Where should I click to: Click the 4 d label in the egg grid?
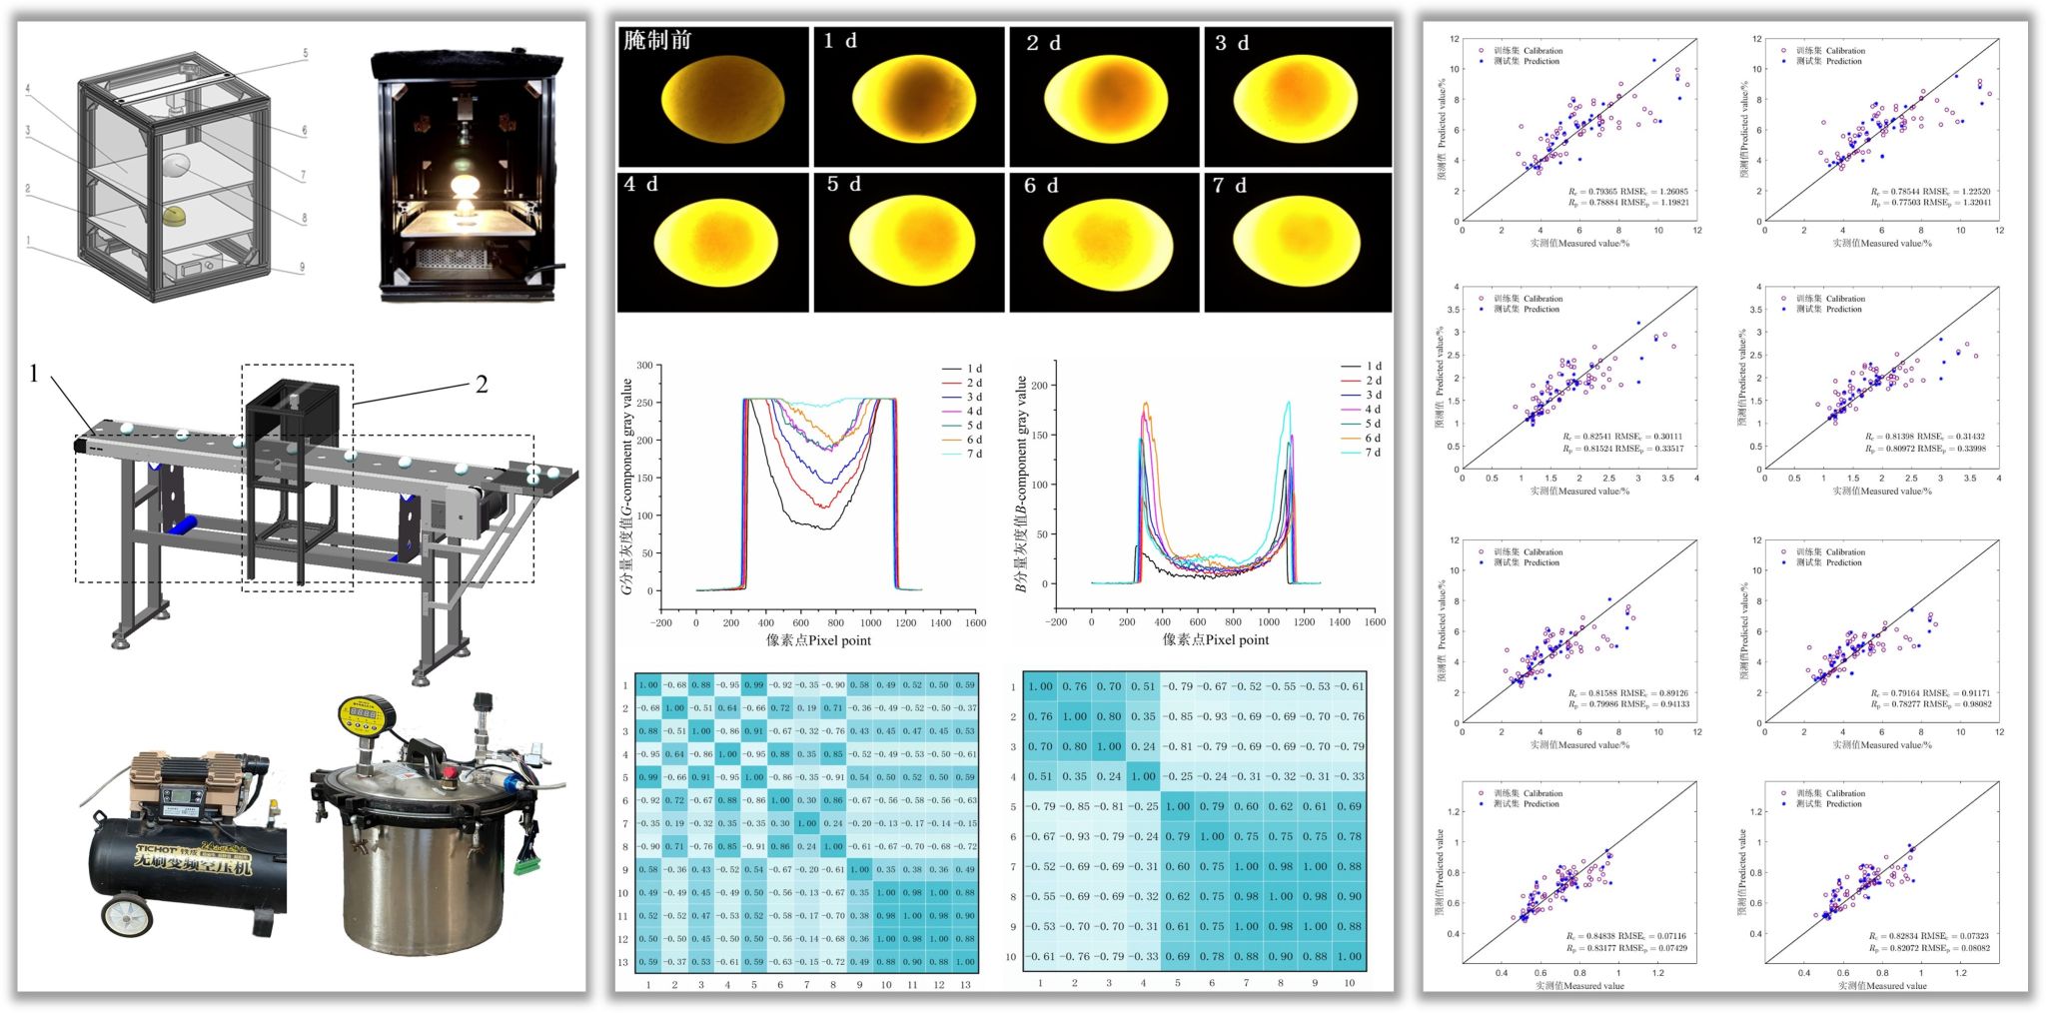pyautogui.click(x=641, y=185)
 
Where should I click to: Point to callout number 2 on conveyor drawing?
pyautogui.click(x=481, y=385)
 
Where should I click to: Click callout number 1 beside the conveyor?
pyautogui.click(x=34, y=375)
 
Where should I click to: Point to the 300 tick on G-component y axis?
pyautogui.click(x=644, y=366)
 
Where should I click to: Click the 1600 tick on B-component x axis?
pyautogui.click(x=1375, y=622)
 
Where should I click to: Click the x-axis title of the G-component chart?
pyautogui.click(x=818, y=640)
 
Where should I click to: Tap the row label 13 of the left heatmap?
pyautogui.click(x=623, y=963)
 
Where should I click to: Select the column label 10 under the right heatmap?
pyautogui.click(x=1349, y=983)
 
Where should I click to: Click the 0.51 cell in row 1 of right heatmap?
pyautogui.click(x=1143, y=686)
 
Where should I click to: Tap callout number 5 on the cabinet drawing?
pyautogui.click(x=305, y=53)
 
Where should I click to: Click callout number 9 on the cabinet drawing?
pyautogui.click(x=302, y=267)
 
